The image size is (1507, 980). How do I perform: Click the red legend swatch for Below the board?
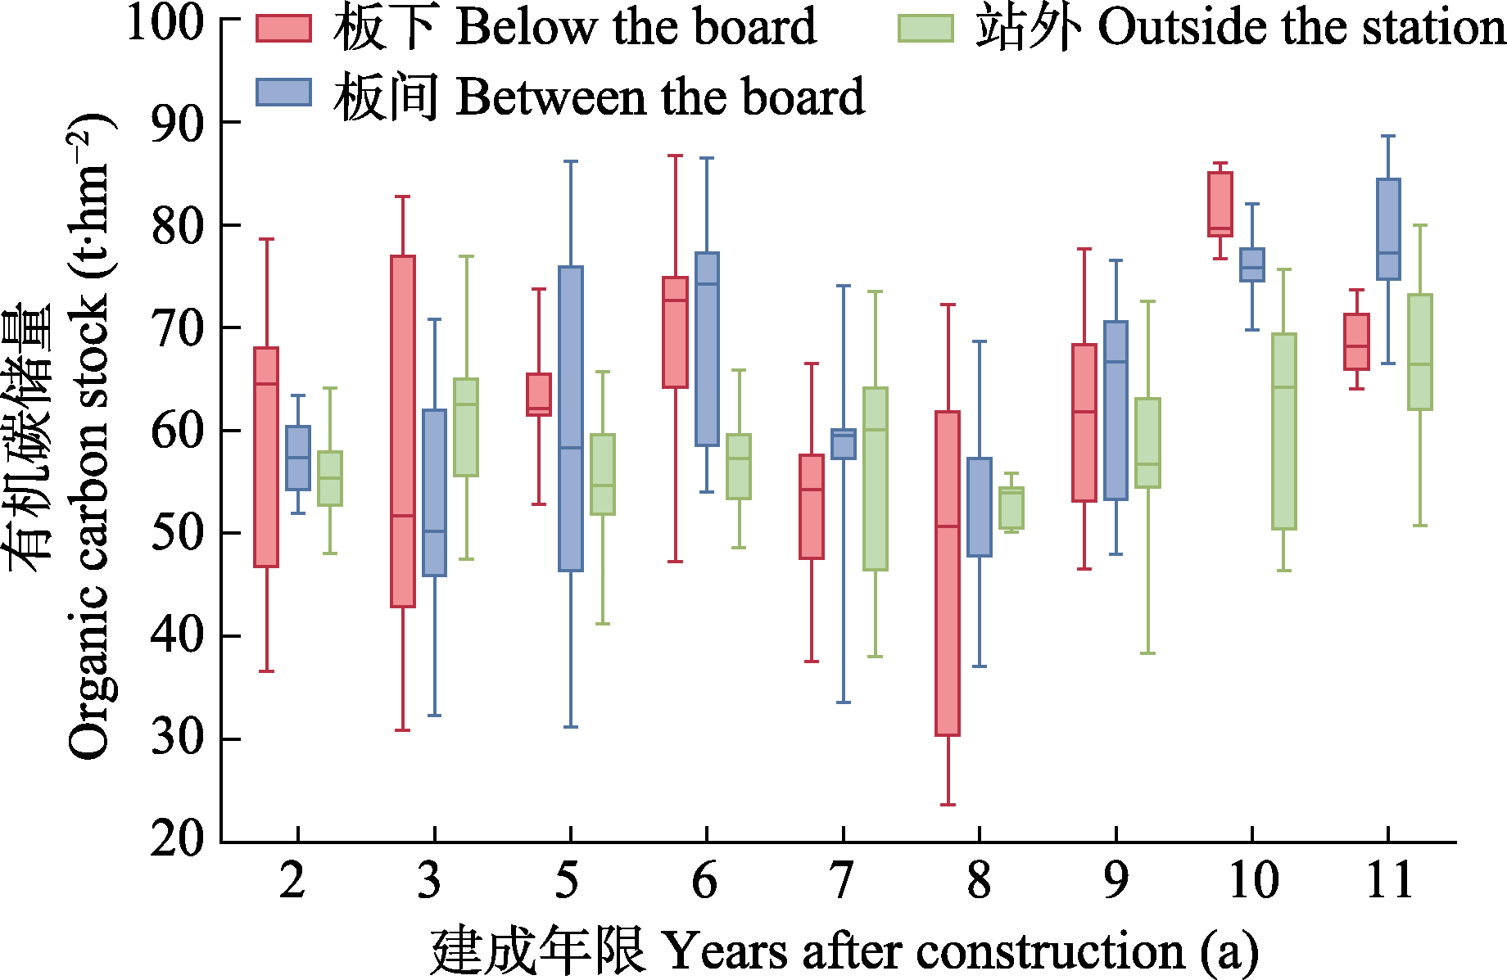[283, 28]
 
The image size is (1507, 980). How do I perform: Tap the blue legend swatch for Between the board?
[283, 93]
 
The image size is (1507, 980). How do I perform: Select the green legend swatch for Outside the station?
[925, 28]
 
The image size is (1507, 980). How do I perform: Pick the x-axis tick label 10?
[1252, 882]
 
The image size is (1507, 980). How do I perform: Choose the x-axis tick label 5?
[567, 882]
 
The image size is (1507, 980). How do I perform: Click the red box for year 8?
[948, 573]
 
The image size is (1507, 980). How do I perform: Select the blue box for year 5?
[571, 418]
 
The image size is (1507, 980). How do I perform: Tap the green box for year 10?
[1284, 431]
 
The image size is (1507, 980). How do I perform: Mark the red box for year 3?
[403, 431]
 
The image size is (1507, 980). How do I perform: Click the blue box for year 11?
[1388, 229]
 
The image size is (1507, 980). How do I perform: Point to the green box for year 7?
[876, 479]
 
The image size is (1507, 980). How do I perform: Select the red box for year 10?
[1220, 204]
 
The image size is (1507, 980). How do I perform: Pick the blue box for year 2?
[298, 458]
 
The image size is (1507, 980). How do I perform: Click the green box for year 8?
[1011, 508]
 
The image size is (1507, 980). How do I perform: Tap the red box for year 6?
[675, 332]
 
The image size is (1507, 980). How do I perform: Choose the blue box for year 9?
[1116, 410]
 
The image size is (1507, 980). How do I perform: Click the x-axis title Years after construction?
[844, 951]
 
